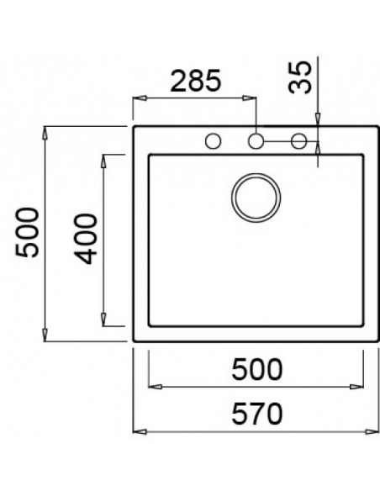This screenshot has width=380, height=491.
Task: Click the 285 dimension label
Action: coord(194,81)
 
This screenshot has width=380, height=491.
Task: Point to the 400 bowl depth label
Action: coord(86,239)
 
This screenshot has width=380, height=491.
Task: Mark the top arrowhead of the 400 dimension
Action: coord(103,159)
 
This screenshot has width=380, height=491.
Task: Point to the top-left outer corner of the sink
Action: coord(135,127)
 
